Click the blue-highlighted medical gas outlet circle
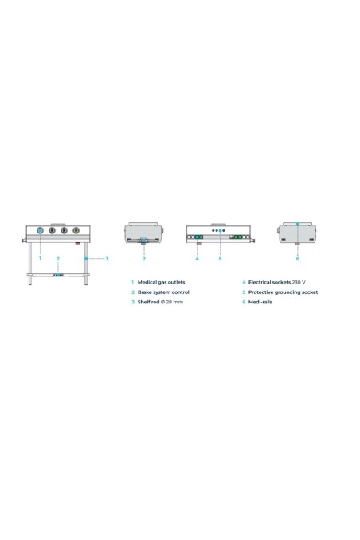(40, 230)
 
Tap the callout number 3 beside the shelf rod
(107, 259)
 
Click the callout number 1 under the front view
(40, 258)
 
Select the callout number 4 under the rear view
(197, 259)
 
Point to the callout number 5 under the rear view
(220, 259)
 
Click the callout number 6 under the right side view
(298, 259)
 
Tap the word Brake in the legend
(145, 292)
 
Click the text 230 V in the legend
(299, 282)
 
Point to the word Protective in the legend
(260, 292)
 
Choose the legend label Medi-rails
(260, 302)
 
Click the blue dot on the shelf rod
(86, 258)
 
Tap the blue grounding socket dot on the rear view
(220, 230)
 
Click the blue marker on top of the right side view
(298, 224)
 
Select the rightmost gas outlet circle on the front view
(76, 230)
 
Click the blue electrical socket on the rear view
(197, 237)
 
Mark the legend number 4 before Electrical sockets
(244, 282)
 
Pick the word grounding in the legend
(288, 292)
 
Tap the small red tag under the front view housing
(78, 243)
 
